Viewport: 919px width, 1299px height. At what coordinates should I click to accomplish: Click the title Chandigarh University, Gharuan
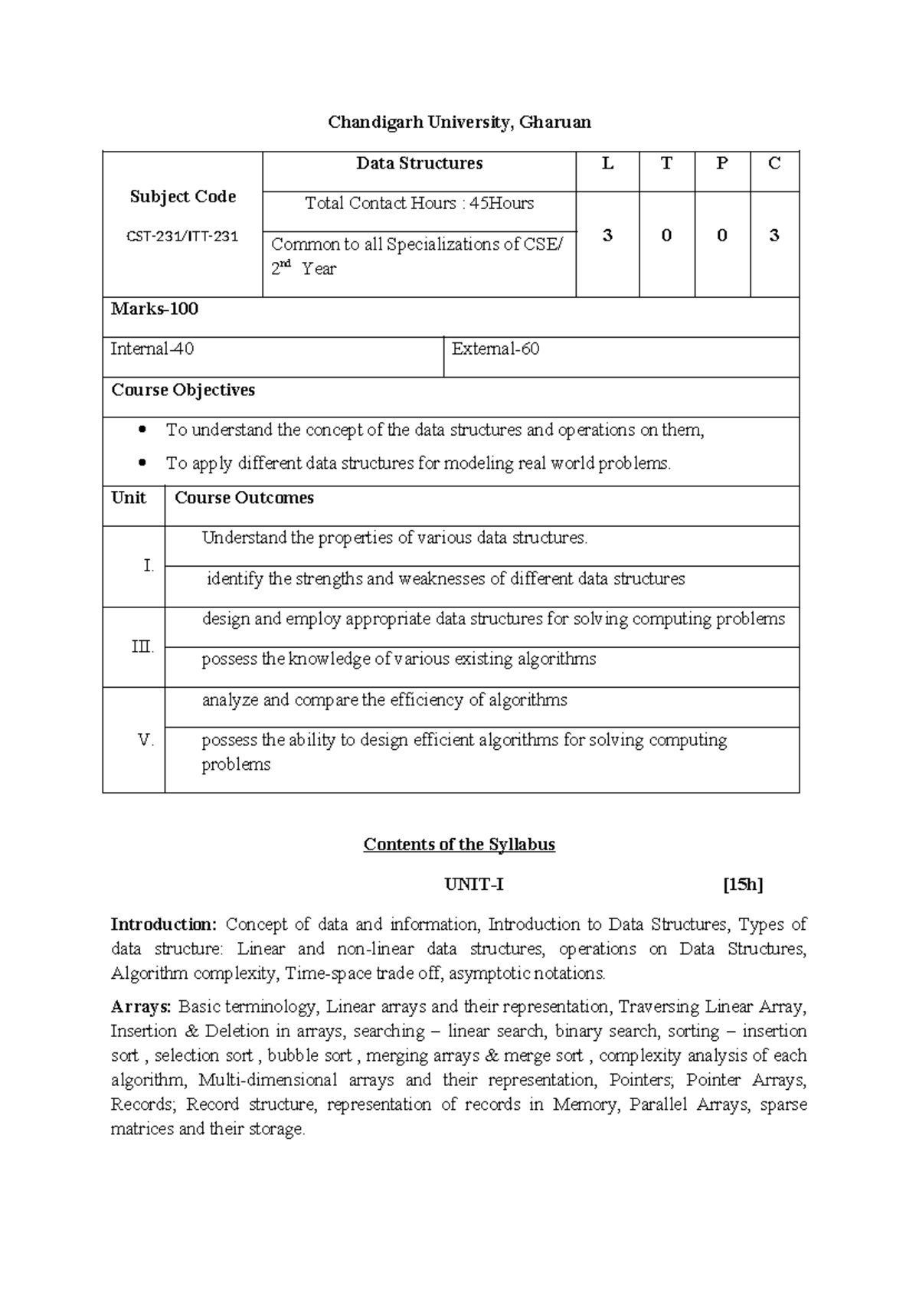coord(459,123)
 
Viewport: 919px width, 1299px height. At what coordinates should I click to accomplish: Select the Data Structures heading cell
coord(419,163)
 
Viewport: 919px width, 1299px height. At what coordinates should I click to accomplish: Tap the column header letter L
coord(607,163)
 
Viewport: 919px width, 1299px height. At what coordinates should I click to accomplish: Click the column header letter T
coord(666,163)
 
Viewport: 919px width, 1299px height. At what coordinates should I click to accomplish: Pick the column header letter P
coord(721,163)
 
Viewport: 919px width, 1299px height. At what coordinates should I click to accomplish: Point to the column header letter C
coord(774,163)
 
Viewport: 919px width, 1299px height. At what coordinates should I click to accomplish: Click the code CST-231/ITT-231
coord(182,237)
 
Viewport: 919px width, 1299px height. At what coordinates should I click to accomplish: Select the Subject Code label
coord(182,197)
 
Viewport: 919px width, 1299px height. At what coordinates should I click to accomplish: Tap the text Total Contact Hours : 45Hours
coord(419,204)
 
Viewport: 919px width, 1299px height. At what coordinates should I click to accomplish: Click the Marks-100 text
coord(155,309)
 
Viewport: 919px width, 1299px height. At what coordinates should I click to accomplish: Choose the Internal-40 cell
coord(152,349)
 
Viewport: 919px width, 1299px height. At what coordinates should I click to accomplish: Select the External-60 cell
coord(495,349)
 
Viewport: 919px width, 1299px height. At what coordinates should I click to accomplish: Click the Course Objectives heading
coord(183,390)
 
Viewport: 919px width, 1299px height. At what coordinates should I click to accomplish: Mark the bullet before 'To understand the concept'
coord(141,430)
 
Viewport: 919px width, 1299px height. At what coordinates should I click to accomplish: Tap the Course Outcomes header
coord(244,498)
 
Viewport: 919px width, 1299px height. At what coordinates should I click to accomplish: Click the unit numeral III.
coord(142,647)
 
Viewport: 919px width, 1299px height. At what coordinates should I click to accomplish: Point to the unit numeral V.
coord(146,741)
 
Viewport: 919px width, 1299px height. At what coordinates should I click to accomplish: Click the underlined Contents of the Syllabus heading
coord(459,845)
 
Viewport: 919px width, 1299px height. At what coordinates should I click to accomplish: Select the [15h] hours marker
coord(743,885)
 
